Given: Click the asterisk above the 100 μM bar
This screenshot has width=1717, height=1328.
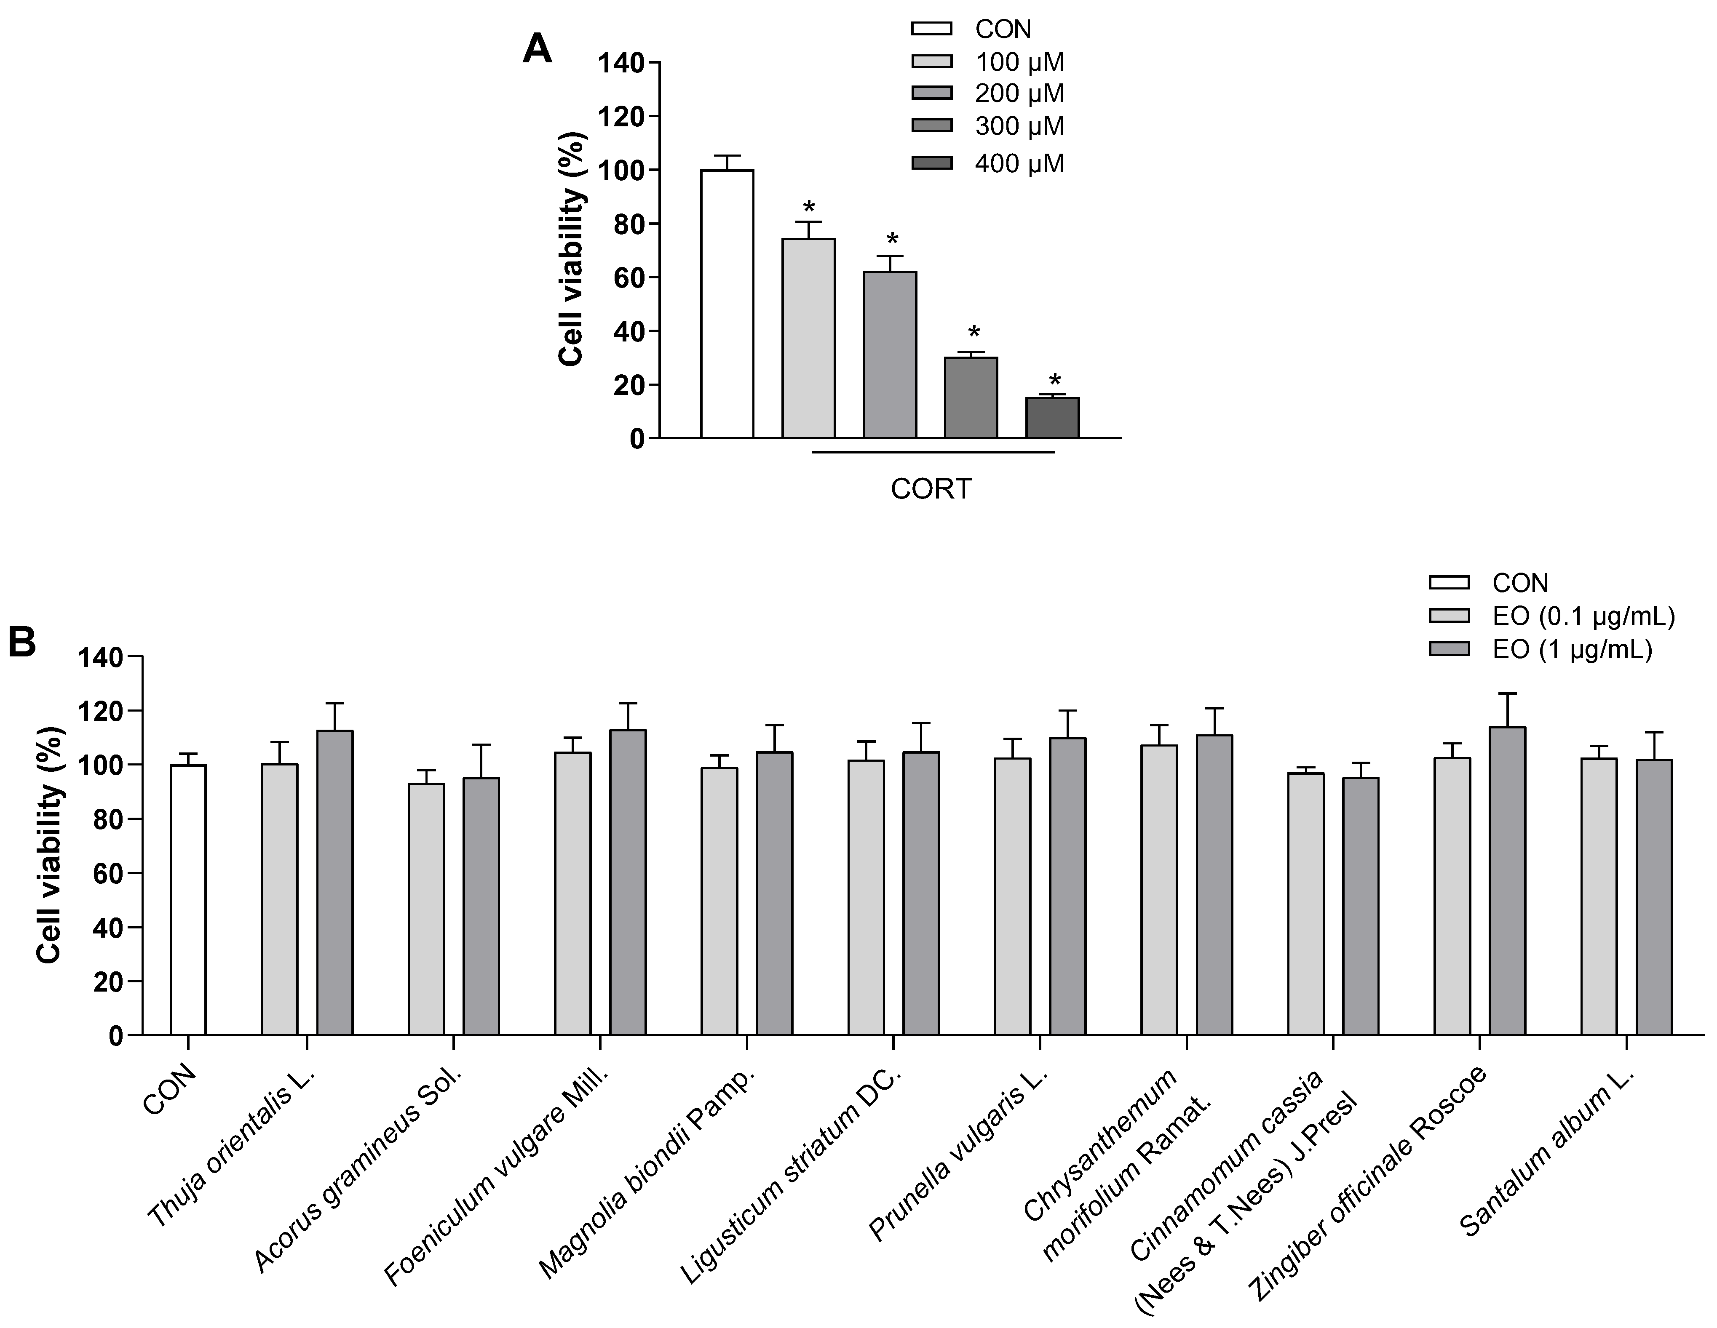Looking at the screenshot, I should [x=809, y=209].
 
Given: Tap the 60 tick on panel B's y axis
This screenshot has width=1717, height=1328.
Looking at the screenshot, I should [x=109, y=873].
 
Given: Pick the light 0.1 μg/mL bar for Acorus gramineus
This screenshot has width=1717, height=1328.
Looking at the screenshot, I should [x=426, y=909].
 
